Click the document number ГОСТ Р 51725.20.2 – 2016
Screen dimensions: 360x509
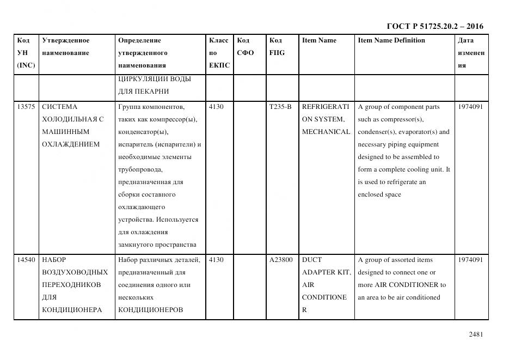pos(434,26)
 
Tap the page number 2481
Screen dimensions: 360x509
pos(476,334)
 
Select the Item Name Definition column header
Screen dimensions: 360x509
pos(391,40)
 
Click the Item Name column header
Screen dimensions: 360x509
pos(319,40)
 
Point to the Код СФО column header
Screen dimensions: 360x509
pos(245,47)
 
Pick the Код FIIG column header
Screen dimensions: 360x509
pos(277,47)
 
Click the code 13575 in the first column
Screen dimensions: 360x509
pos(26,107)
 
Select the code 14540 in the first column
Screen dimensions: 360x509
pos(26,260)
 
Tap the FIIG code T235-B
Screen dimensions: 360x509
pos(280,107)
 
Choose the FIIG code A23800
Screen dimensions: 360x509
pos(281,260)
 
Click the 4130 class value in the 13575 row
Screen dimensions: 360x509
pos(216,107)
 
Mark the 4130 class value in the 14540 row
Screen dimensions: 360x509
pos(216,260)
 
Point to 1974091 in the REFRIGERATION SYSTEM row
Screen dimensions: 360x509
pos(470,107)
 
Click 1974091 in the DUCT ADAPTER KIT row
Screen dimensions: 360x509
pos(470,260)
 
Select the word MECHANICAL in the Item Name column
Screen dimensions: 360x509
pos(326,132)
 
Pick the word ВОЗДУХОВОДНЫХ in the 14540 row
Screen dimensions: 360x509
pos(75,272)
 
